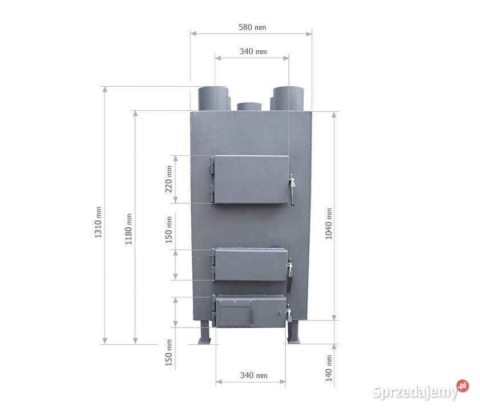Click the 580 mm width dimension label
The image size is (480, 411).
[252, 27]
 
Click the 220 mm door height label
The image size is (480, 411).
[169, 179]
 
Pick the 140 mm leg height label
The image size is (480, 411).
[329, 368]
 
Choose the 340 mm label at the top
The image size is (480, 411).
[253, 51]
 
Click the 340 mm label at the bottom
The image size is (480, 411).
[253, 376]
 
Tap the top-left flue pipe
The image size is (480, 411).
[213, 98]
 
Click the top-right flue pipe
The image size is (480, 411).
[289, 98]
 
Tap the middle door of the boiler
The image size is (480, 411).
[250, 265]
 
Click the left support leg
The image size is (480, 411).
[206, 334]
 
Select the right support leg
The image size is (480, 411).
[293, 334]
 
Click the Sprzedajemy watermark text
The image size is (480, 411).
[414, 392]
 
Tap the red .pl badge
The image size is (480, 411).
[462, 386]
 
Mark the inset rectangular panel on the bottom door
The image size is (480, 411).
[235, 313]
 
